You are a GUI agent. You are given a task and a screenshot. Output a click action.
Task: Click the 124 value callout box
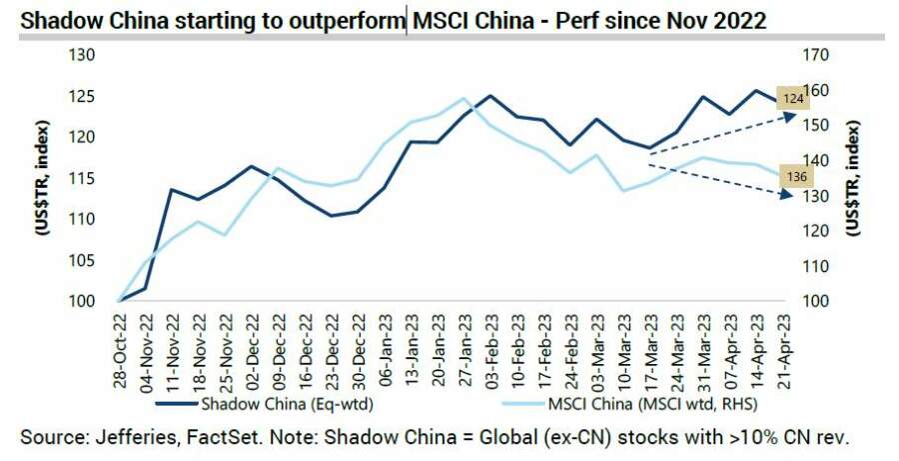[x=793, y=99]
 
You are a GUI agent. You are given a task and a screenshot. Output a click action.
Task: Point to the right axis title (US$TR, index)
[x=856, y=177]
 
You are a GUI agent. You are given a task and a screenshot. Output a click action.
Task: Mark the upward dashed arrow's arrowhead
[x=794, y=116]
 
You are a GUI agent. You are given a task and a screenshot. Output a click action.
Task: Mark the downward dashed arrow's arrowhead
[x=794, y=195]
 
